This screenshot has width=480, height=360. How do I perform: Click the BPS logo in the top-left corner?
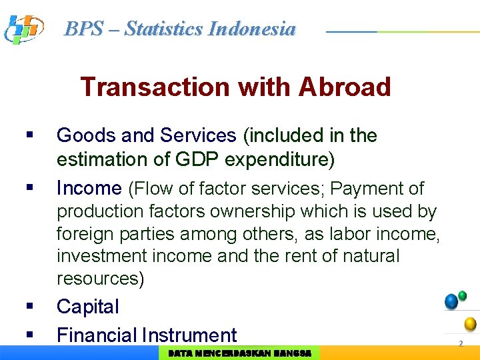click(x=23, y=29)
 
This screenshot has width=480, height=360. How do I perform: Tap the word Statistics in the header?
click(x=164, y=29)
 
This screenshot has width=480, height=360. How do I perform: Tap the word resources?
click(x=100, y=279)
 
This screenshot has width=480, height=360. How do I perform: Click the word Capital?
click(x=88, y=307)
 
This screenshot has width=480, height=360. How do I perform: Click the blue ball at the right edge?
click(x=451, y=302)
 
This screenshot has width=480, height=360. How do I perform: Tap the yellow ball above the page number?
click(x=470, y=325)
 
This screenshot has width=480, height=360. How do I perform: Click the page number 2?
click(x=460, y=344)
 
